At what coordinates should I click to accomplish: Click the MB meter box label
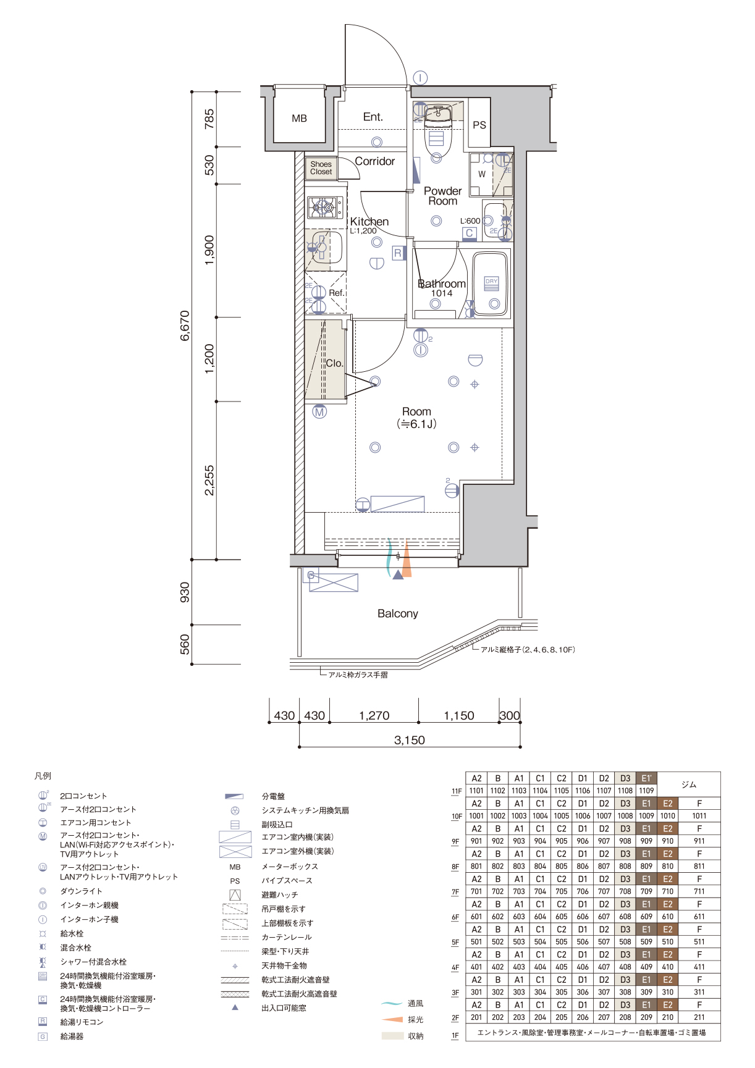tap(299, 118)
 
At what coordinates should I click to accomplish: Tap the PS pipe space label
tap(479, 125)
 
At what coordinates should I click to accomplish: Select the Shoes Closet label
tap(321, 168)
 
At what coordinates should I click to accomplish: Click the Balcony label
tap(398, 613)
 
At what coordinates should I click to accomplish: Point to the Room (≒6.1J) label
tap(416, 418)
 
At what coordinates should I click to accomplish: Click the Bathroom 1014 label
tap(442, 288)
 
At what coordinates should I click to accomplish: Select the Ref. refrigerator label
tap(337, 293)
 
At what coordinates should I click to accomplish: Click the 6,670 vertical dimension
tap(185, 326)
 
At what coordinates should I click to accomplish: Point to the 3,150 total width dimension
tap(410, 740)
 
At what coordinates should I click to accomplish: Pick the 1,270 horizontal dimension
tap(374, 715)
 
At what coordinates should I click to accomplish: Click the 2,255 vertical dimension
tap(209, 480)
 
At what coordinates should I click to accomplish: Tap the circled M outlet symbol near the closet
tap(319, 412)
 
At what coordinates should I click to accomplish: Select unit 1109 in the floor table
tap(646, 791)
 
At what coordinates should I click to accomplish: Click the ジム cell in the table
tap(689, 784)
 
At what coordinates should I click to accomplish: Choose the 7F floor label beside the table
tap(455, 892)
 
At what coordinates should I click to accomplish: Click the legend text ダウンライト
tap(81, 891)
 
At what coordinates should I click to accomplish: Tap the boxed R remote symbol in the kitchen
tap(398, 253)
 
